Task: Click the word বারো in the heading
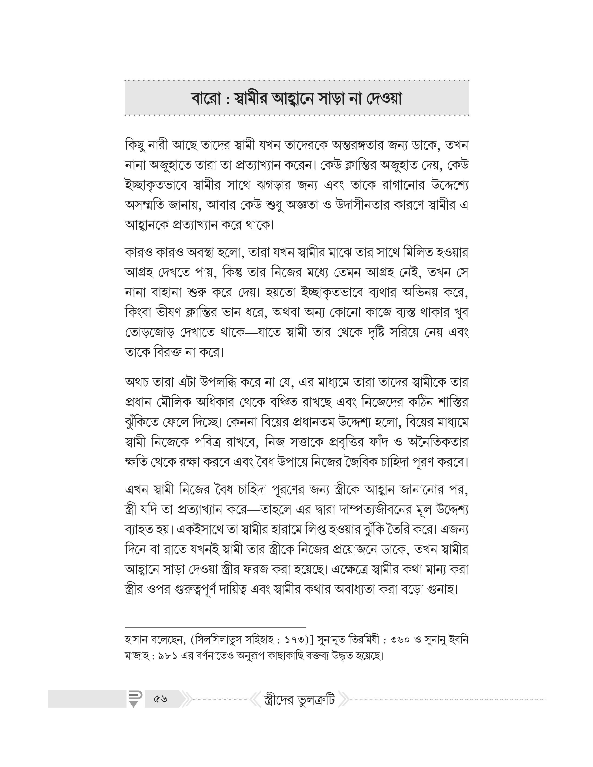pos(205,99)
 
